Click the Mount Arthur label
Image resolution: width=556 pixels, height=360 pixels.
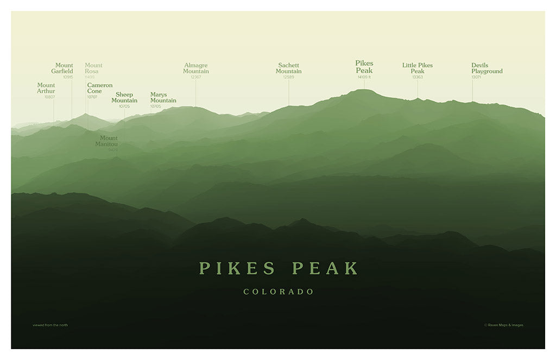point(46,88)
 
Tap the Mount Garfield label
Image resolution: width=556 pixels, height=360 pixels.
point(64,68)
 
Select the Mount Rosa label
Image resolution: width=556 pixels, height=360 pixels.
point(93,68)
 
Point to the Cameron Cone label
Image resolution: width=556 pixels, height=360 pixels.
point(99,88)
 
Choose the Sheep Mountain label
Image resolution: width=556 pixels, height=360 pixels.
point(124,97)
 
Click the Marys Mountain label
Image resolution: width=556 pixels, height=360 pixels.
point(163,97)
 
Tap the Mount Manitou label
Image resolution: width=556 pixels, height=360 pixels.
point(108,141)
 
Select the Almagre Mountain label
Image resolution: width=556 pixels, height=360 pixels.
point(196,68)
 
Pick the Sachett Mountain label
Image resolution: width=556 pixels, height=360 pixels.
point(288,68)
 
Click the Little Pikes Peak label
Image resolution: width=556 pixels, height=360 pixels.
point(418,68)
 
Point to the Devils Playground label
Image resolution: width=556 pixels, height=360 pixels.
point(486,68)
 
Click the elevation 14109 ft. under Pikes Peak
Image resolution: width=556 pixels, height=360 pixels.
point(364,77)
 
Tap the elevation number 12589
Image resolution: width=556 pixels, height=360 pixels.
point(288,77)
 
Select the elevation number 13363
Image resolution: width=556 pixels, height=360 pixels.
point(418,77)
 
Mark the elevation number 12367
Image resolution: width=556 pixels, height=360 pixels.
point(196,77)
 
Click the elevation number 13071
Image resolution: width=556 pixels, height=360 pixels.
point(476,77)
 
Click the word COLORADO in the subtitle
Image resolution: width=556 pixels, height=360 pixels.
point(279,292)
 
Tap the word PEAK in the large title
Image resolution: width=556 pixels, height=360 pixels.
point(325,268)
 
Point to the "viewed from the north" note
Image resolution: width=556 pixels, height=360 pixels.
point(50,325)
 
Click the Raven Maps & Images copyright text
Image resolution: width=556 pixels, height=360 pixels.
point(504,325)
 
